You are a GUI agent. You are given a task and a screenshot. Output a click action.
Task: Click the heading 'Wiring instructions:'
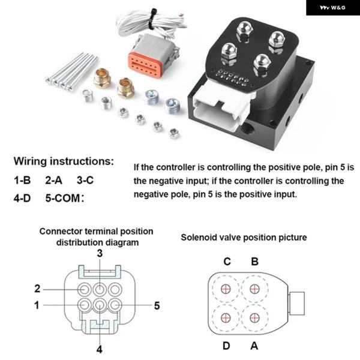click(64, 161)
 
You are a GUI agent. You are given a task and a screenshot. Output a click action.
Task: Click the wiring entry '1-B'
click(23, 180)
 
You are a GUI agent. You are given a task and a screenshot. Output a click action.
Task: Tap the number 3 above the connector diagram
click(100, 254)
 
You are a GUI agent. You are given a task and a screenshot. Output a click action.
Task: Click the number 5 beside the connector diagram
click(157, 305)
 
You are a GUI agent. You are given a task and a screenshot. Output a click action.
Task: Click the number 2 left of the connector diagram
click(37, 289)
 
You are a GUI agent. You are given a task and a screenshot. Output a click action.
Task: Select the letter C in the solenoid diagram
click(227, 261)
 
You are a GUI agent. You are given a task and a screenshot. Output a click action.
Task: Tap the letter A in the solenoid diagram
click(255, 345)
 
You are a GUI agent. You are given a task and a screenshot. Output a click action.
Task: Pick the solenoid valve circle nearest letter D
click(226, 317)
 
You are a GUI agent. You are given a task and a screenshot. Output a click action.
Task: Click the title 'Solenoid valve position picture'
click(244, 237)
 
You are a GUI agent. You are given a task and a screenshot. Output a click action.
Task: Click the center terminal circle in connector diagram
click(100, 304)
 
